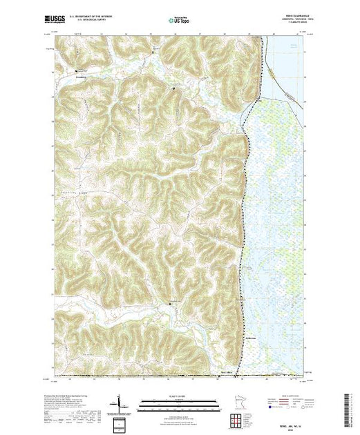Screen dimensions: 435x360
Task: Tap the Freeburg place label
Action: coord(81,77)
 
